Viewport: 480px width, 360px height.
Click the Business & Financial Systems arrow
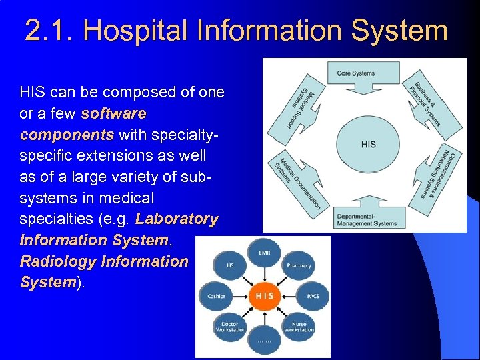click(x=427, y=100)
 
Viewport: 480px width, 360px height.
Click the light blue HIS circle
click(x=368, y=144)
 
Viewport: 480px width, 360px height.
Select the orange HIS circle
click(x=264, y=295)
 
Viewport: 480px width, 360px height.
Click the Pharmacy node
click(x=299, y=265)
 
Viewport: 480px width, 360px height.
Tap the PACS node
click(x=313, y=295)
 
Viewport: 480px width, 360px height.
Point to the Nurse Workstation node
click(x=299, y=326)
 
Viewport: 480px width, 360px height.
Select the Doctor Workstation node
click(x=230, y=326)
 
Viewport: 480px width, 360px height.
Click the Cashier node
click(x=216, y=295)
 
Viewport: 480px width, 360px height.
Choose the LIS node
click(x=230, y=265)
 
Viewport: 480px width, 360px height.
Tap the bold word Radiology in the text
click(x=57, y=261)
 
